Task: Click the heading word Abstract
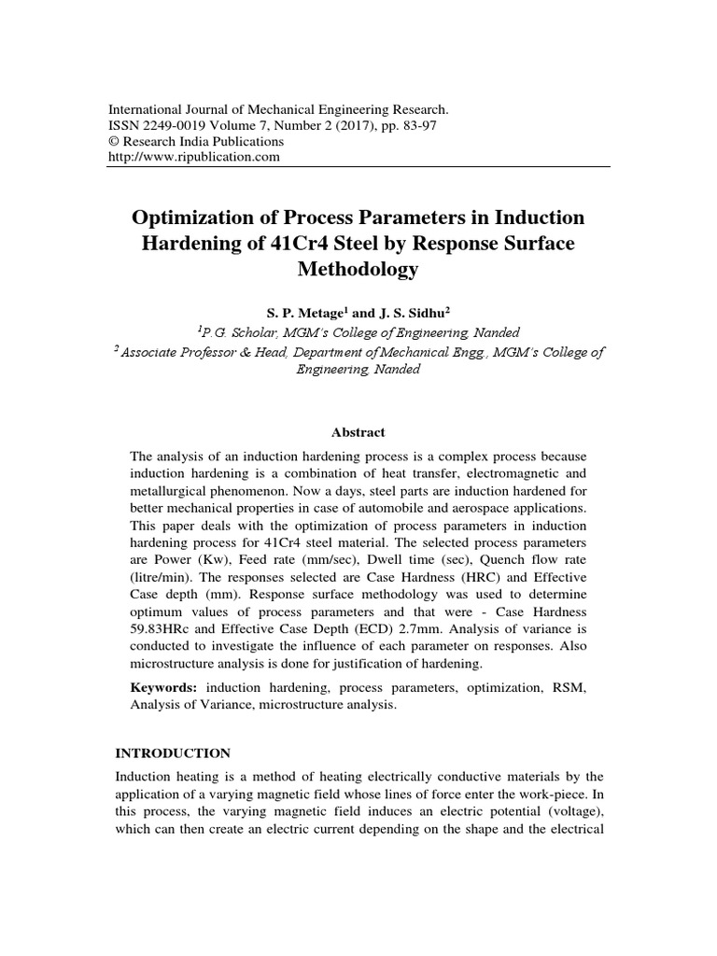click(358, 432)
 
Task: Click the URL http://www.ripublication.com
click(195, 157)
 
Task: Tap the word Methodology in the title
click(358, 271)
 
